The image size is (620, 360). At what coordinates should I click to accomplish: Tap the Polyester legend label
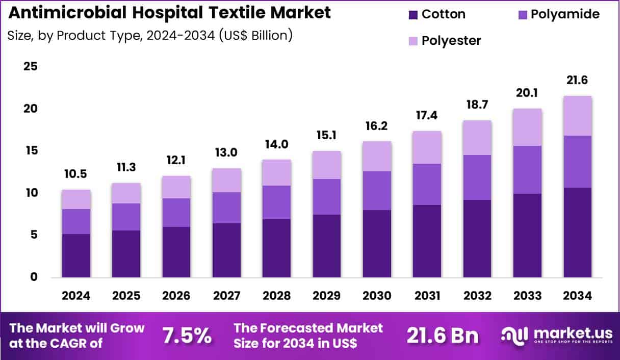pyautogui.click(x=451, y=41)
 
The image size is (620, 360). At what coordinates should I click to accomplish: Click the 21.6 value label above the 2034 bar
pyautogui.click(x=577, y=81)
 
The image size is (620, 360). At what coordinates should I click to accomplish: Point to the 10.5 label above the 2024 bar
pyautogui.click(x=75, y=174)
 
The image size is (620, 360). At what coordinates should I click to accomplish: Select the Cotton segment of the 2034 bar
pyautogui.click(x=577, y=233)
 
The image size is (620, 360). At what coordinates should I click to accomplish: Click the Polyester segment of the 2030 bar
pyautogui.click(x=377, y=156)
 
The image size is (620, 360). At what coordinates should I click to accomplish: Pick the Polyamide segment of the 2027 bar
pyautogui.click(x=226, y=208)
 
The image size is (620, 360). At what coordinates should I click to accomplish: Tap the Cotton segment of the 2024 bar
pyautogui.click(x=75, y=255)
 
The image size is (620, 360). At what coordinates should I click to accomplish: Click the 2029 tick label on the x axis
pyautogui.click(x=327, y=296)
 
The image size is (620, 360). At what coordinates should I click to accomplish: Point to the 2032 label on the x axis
pyautogui.click(x=477, y=296)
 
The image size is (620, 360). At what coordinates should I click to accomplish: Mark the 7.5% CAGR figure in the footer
pyautogui.click(x=187, y=336)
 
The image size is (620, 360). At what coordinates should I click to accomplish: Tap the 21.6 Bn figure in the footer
pyautogui.click(x=443, y=336)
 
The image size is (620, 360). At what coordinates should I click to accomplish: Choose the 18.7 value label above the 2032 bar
pyautogui.click(x=477, y=105)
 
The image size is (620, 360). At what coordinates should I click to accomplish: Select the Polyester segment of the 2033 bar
pyautogui.click(x=527, y=127)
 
